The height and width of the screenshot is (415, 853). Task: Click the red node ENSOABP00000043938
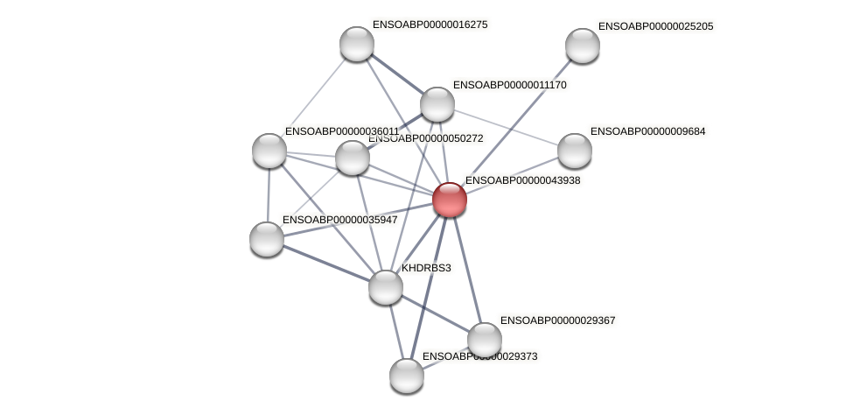(x=450, y=200)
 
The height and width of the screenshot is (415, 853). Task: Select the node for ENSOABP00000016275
(x=357, y=44)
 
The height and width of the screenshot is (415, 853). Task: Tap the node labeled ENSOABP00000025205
(x=583, y=46)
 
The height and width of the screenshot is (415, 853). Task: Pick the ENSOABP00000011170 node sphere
(x=437, y=104)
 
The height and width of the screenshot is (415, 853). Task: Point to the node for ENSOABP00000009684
(x=575, y=151)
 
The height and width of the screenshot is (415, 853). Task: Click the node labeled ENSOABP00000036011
(x=269, y=150)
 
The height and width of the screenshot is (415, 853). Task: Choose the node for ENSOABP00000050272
(x=353, y=158)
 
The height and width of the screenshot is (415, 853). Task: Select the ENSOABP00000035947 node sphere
(x=267, y=238)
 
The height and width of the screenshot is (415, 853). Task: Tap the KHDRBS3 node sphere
(x=386, y=286)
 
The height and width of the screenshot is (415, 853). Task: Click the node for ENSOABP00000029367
(x=485, y=340)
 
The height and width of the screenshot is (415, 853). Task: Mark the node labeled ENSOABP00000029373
(x=407, y=376)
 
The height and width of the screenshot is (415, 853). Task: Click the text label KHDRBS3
(x=426, y=268)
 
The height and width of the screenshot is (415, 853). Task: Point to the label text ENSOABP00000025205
(x=655, y=26)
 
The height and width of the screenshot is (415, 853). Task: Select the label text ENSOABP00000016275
(x=430, y=25)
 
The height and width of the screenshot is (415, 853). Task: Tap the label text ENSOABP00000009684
(x=647, y=131)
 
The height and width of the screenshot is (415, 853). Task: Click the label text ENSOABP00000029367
(x=557, y=320)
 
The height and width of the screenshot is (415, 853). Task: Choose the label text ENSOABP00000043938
(x=522, y=180)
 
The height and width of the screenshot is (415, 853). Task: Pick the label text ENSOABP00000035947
(x=339, y=219)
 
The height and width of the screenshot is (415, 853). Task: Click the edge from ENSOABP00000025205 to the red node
(x=516, y=123)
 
